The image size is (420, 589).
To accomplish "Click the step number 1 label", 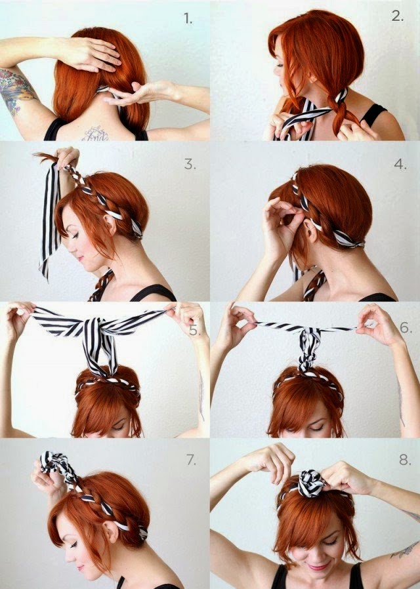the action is (x=188, y=18).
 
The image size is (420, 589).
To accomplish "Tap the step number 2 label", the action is (x=398, y=16).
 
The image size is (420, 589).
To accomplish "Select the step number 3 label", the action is (x=190, y=164).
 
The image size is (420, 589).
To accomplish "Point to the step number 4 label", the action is (x=400, y=164).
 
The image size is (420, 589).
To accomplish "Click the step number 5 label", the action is (x=194, y=331).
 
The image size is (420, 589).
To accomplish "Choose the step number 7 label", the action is (x=191, y=459).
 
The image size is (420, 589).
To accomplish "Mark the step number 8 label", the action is (x=405, y=459).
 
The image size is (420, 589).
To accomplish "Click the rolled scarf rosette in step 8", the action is (x=310, y=483).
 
